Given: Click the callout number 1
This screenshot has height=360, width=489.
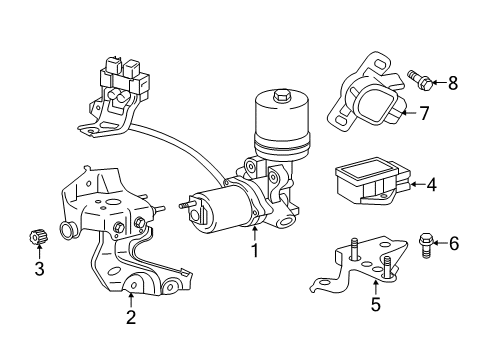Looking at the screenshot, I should (x=254, y=250).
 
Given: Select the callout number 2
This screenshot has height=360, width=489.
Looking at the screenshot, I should (x=131, y=318).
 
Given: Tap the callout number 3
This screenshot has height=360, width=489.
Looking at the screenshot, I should (x=39, y=268).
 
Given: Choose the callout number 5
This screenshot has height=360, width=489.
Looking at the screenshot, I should (x=375, y=305).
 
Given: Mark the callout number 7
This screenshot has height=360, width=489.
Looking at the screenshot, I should (x=423, y=114).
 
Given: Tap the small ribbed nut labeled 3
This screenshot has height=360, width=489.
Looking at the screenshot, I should (x=38, y=238).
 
